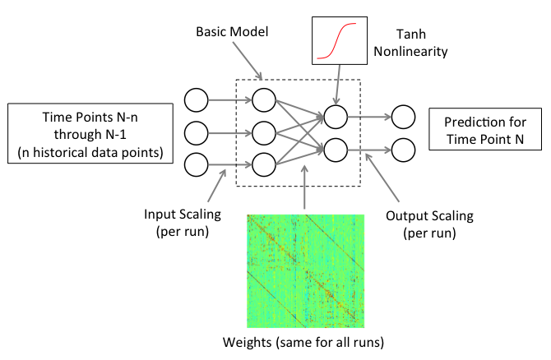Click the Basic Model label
(233, 32)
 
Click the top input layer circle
(197, 101)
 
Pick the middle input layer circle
(197, 132)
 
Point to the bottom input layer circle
(197, 164)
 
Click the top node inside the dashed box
(264, 101)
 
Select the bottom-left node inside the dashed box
(264, 164)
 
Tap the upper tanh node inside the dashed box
(335, 117)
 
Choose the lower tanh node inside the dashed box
(335, 149)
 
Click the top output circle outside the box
(402, 117)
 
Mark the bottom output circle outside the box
(402, 149)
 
